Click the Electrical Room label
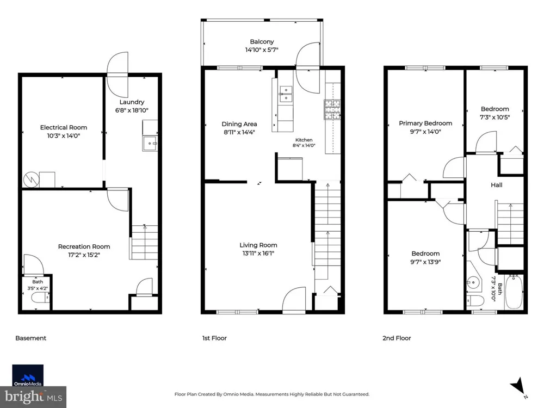coord(64,127)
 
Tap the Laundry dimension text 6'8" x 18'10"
coord(132,110)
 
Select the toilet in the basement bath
coord(41,298)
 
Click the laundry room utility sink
coord(150,143)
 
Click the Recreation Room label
coord(84,246)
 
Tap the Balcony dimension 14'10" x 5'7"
coord(262,50)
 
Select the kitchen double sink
coord(286,94)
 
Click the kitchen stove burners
coord(332,109)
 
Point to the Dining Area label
coord(239,124)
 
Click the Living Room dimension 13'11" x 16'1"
coord(258,254)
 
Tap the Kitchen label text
coord(304,140)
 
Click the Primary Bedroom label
coord(425,123)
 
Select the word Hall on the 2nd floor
coord(497,185)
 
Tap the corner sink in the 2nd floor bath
coord(473,282)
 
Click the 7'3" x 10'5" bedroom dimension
coord(494,118)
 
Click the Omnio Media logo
coord(28,375)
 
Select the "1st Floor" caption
coord(214,338)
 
